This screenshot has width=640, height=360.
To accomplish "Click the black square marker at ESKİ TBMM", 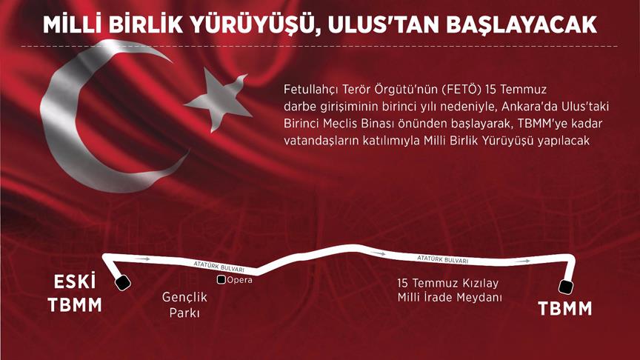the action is click(x=122, y=282).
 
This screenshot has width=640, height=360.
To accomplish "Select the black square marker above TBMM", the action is click(x=566, y=287).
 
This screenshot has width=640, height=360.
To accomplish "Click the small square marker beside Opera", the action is click(x=221, y=280).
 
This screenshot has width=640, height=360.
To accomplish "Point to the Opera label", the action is click(x=239, y=280).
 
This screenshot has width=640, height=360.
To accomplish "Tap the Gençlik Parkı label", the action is click(x=184, y=304).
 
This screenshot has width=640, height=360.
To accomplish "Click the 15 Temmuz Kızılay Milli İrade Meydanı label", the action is click(x=450, y=290).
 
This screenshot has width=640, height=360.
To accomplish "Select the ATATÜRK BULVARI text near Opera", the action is click(x=219, y=267).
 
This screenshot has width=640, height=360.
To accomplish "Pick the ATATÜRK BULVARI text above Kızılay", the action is click(x=442, y=259).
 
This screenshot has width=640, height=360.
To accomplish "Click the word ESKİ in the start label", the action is click(x=75, y=282).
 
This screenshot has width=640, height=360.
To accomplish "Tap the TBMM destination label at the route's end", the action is click(x=565, y=309).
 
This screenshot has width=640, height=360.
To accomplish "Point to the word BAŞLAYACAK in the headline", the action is click(x=522, y=25).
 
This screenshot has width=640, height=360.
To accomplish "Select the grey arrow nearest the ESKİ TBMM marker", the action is click(x=142, y=259).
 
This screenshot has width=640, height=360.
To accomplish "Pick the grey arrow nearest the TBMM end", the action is click(x=523, y=261).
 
